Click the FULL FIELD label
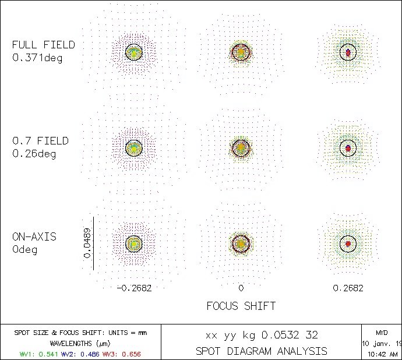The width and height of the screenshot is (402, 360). pyautogui.click(x=44, y=45)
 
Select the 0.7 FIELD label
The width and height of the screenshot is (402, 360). pyautogui.click(x=40, y=140)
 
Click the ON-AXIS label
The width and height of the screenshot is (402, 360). pyautogui.click(x=34, y=237)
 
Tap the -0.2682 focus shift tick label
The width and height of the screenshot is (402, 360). pyautogui.click(x=134, y=288)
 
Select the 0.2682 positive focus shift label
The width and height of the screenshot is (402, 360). pyautogui.click(x=348, y=288)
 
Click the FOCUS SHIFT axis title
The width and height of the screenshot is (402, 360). pyautogui.click(x=241, y=306)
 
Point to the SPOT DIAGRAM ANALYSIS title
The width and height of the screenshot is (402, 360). pyautogui.click(x=261, y=351)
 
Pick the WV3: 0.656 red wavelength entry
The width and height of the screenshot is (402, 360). pyautogui.click(x=122, y=354)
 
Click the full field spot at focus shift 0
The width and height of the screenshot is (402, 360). pyautogui.click(x=241, y=52)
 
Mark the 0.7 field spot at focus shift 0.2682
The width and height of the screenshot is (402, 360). pyautogui.click(x=348, y=148)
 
